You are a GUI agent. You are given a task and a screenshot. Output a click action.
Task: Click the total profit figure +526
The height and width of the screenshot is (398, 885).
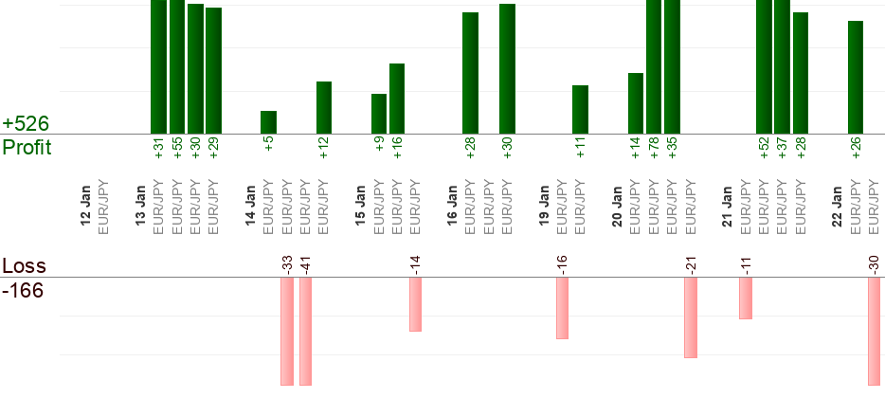[26, 124]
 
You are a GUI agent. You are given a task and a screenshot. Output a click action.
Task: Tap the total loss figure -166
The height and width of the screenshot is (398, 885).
[23, 289]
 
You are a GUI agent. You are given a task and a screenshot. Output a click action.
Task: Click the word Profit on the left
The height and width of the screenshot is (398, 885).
[27, 148]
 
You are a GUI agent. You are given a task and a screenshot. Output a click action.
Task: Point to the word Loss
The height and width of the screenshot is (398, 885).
[25, 265]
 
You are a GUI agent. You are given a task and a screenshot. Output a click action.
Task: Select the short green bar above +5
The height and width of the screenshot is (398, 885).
[268, 122]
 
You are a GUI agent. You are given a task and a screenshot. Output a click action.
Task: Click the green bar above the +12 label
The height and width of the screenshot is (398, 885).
[323, 108]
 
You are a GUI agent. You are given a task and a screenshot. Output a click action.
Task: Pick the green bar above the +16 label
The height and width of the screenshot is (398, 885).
[397, 99]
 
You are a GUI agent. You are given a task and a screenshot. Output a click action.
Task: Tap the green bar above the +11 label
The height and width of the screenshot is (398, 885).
[580, 110]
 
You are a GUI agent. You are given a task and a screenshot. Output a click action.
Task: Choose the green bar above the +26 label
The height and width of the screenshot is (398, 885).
[856, 78]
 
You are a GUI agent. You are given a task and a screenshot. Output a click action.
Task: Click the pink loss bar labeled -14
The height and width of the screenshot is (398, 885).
[415, 304]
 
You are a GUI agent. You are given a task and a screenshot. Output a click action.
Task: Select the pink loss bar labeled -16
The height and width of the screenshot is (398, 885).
[562, 308]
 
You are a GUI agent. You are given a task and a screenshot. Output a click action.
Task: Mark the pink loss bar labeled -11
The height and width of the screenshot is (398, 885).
[746, 298]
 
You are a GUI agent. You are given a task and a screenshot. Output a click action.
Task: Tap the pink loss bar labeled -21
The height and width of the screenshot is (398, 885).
[691, 317]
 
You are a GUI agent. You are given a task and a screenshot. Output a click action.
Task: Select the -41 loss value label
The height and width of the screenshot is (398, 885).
[305, 265]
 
